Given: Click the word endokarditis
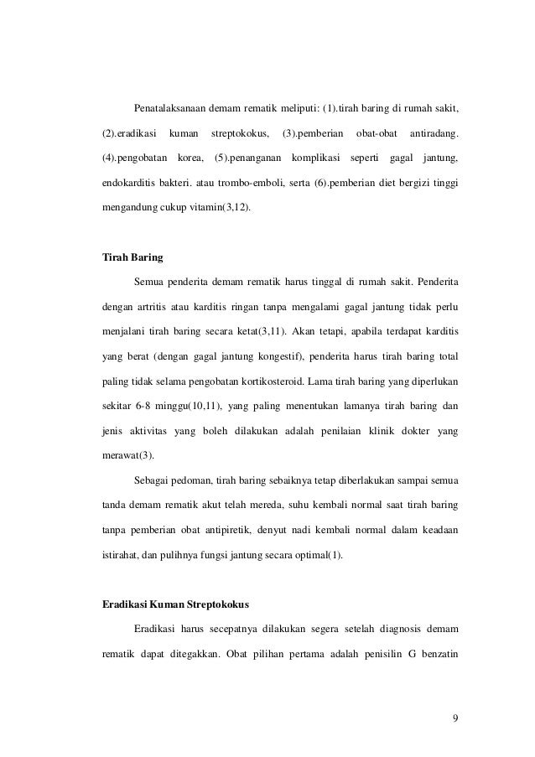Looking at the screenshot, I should point(128,181).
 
